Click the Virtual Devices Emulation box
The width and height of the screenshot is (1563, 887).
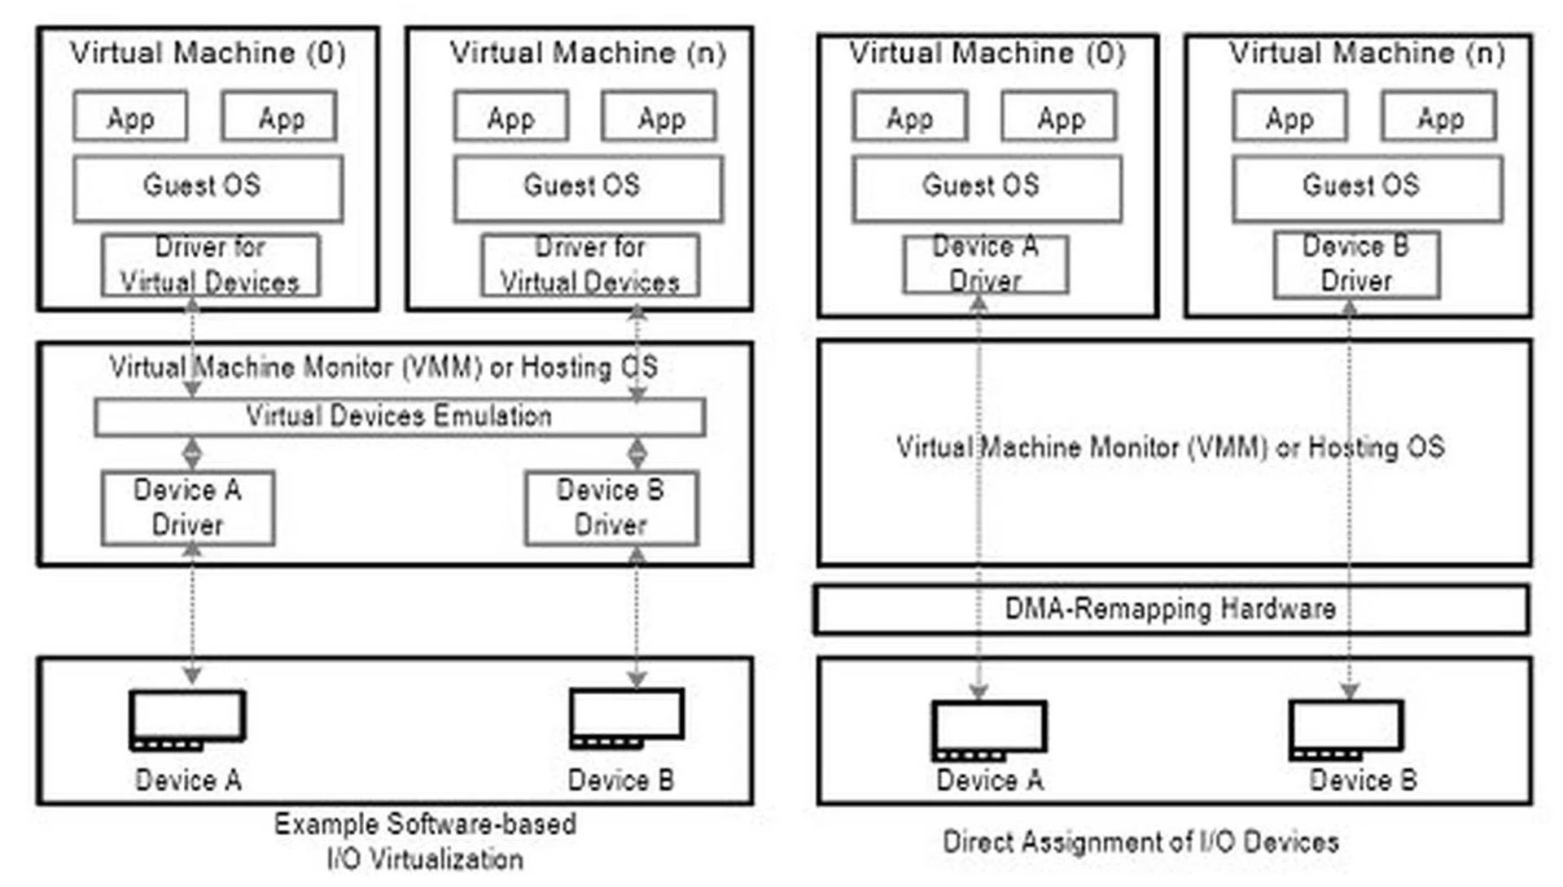coord(400,417)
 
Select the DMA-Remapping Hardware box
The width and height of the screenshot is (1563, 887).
coord(1171,609)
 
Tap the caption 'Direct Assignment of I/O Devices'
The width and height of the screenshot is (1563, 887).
coord(1141,841)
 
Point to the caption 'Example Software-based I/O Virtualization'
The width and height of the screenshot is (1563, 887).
coord(425,841)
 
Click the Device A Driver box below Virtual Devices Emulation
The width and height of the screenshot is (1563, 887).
coord(188,508)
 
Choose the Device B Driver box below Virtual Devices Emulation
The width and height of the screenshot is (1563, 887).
coord(611,508)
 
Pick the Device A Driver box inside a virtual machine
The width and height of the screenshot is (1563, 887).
coord(985,264)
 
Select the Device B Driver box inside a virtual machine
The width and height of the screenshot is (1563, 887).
coord(1356,264)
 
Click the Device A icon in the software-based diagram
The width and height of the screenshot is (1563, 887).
coord(187,720)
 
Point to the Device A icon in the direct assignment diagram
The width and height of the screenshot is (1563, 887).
coord(989,730)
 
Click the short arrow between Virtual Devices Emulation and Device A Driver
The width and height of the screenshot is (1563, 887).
coord(191,453)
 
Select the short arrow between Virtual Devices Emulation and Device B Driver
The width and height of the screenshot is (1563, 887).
coord(637,453)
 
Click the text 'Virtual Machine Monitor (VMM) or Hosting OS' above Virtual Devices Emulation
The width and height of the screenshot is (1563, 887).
coord(383,367)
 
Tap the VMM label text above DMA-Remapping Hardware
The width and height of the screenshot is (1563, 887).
coord(1171,447)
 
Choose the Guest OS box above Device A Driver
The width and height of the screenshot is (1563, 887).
coord(987,189)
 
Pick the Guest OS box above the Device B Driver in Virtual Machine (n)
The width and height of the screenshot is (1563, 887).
coord(1368,189)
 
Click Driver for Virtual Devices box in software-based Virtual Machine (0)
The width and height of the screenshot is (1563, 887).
coord(211,265)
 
